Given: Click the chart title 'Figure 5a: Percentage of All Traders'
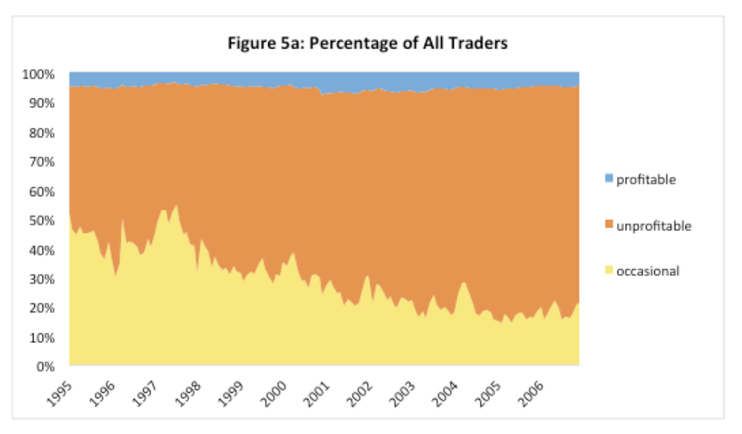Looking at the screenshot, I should [x=368, y=43].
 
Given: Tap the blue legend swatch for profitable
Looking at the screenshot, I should [x=609, y=179].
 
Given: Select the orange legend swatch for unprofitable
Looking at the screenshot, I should [x=609, y=225].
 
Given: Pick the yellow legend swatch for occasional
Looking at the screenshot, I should [x=609, y=271].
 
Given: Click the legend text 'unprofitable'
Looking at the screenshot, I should [x=653, y=225].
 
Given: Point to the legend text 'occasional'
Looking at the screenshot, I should [x=647, y=271].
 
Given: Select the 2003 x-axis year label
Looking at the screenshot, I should [x=396, y=389].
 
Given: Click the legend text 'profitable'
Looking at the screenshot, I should [x=646, y=180].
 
